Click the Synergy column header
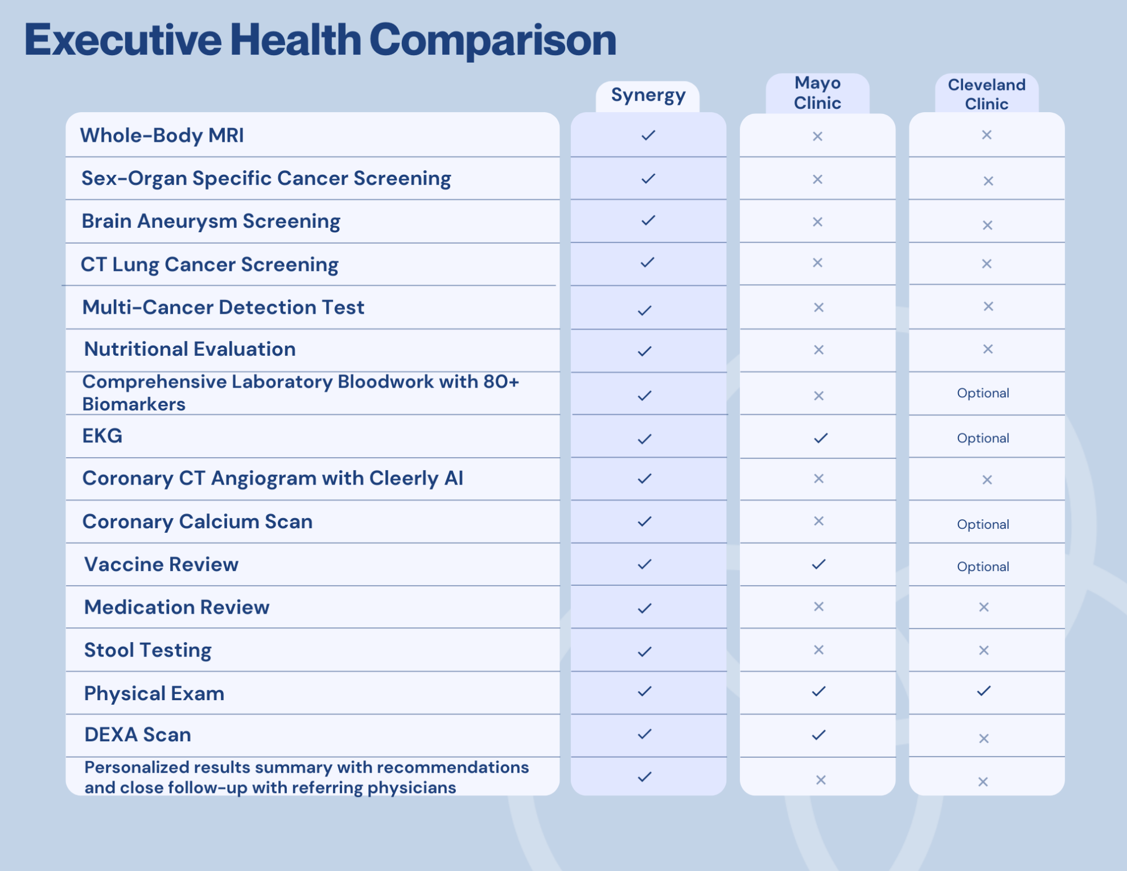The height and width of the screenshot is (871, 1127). (x=648, y=95)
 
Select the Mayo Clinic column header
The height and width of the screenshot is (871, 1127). (x=817, y=93)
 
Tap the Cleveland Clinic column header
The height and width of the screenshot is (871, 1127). (x=986, y=94)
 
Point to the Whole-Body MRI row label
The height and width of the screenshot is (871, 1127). (x=162, y=135)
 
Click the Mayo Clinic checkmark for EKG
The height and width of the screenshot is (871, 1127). (x=820, y=438)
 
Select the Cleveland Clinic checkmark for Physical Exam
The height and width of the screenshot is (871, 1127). (x=984, y=691)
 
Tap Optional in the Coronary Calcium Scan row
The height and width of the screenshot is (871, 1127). (x=983, y=524)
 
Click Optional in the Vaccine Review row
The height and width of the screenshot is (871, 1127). (x=983, y=566)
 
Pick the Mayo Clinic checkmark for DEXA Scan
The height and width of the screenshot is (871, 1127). (x=818, y=735)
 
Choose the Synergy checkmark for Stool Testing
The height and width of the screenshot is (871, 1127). (x=644, y=651)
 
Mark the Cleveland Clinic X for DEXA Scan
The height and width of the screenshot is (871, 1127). (x=984, y=738)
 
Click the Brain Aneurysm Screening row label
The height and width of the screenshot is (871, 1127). (x=211, y=221)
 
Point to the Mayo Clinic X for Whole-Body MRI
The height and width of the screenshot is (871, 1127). (x=817, y=136)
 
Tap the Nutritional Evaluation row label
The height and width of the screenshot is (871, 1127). (x=190, y=349)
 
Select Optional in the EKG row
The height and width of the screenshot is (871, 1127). (x=983, y=438)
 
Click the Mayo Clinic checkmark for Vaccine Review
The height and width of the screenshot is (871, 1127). (x=818, y=564)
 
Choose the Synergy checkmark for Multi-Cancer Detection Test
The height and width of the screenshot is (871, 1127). (x=644, y=310)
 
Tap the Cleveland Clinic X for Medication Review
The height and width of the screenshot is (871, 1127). (x=984, y=607)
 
